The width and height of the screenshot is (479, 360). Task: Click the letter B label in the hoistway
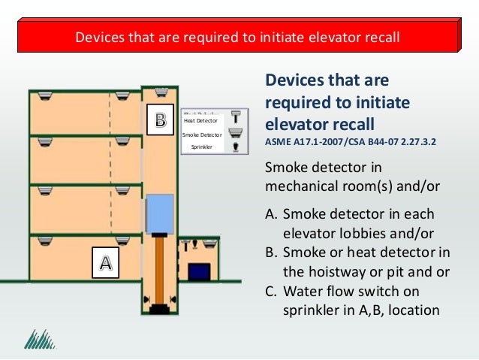click(x=160, y=120)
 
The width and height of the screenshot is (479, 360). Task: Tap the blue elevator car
click(x=159, y=213)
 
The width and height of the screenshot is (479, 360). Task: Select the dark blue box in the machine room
click(x=198, y=271)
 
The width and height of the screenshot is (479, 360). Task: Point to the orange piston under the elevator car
click(x=159, y=267)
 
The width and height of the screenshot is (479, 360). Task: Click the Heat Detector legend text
click(x=200, y=120)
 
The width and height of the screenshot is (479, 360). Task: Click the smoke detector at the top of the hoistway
click(x=160, y=92)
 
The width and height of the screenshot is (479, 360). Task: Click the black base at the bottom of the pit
click(x=158, y=308)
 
